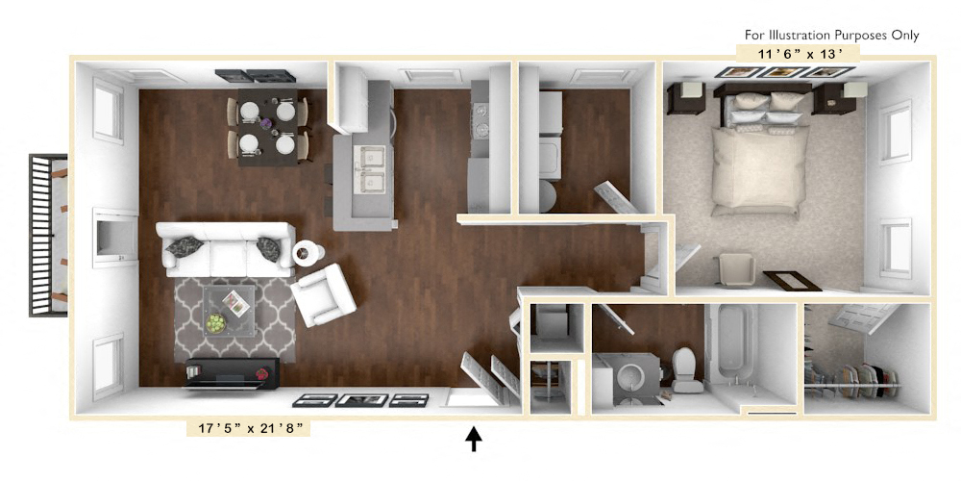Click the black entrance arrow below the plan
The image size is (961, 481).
pos(474,439)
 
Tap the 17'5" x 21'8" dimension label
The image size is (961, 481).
pos(249,427)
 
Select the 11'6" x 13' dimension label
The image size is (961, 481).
pos(797,53)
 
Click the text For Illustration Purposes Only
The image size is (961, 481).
pos(832,35)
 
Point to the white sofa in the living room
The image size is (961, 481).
pos(226,248)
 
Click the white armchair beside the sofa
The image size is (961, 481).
pos(324,293)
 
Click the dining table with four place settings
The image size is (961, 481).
pos(267,128)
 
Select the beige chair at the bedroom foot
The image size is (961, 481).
pos(737,269)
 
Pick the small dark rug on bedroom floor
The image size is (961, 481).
pos(793,281)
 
